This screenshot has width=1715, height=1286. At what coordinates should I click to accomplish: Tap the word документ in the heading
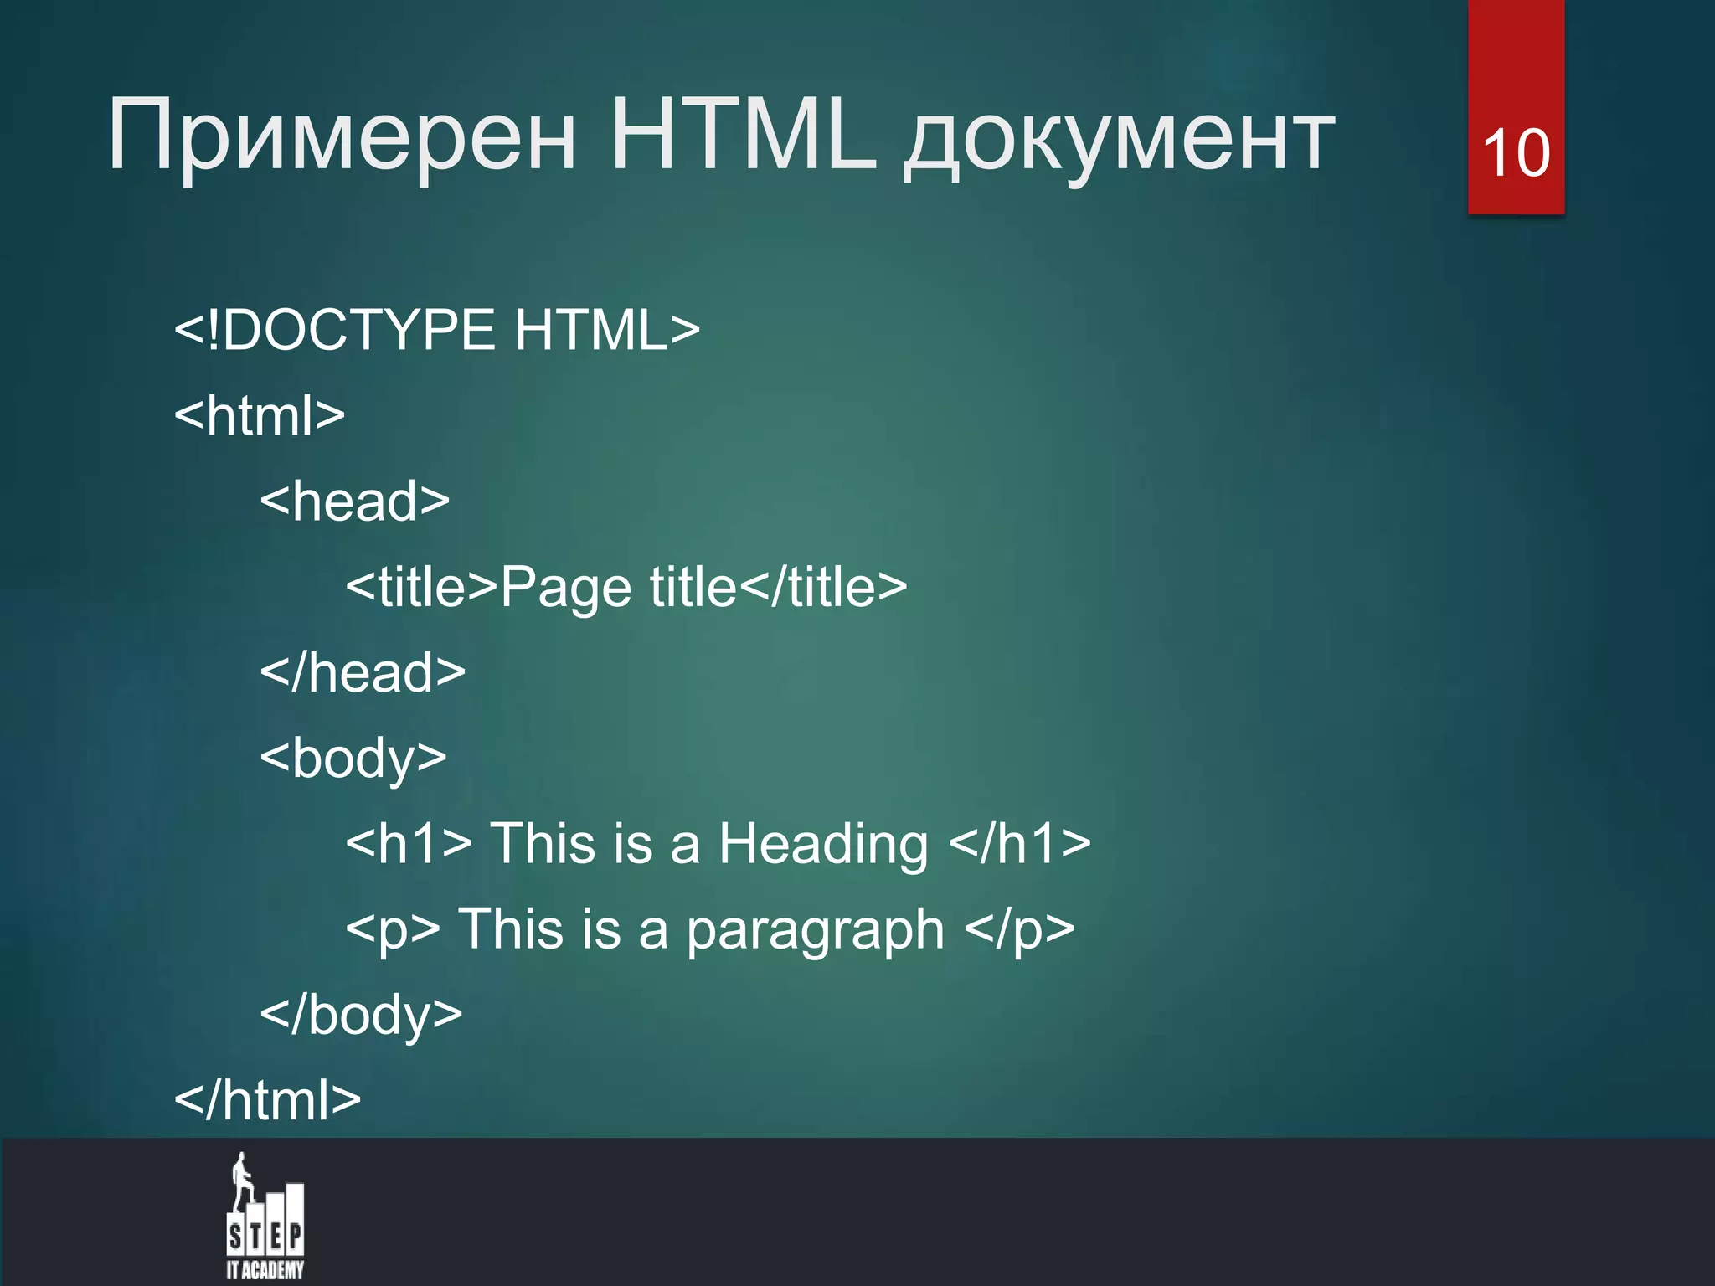(x=1119, y=138)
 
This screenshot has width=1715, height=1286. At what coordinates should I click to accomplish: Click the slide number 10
(x=1516, y=153)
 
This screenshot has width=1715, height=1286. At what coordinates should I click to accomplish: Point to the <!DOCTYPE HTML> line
(x=436, y=330)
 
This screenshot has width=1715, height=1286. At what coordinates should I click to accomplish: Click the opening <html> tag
(x=260, y=415)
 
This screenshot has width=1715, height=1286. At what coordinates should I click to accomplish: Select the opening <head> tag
(x=354, y=501)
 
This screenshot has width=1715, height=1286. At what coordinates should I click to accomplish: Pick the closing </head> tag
(x=363, y=671)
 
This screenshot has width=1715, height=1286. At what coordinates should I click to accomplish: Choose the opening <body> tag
(x=353, y=759)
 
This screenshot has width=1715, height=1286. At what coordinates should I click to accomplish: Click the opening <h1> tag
(x=409, y=843)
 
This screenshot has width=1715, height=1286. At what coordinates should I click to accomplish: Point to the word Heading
(x=823, y=844)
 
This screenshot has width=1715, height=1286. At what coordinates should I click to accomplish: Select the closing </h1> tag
(x=1020, y=843)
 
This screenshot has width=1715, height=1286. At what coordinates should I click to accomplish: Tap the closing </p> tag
(x=1019, y=930)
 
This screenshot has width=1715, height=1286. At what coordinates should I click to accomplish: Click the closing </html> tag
(x=267, y=1100)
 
